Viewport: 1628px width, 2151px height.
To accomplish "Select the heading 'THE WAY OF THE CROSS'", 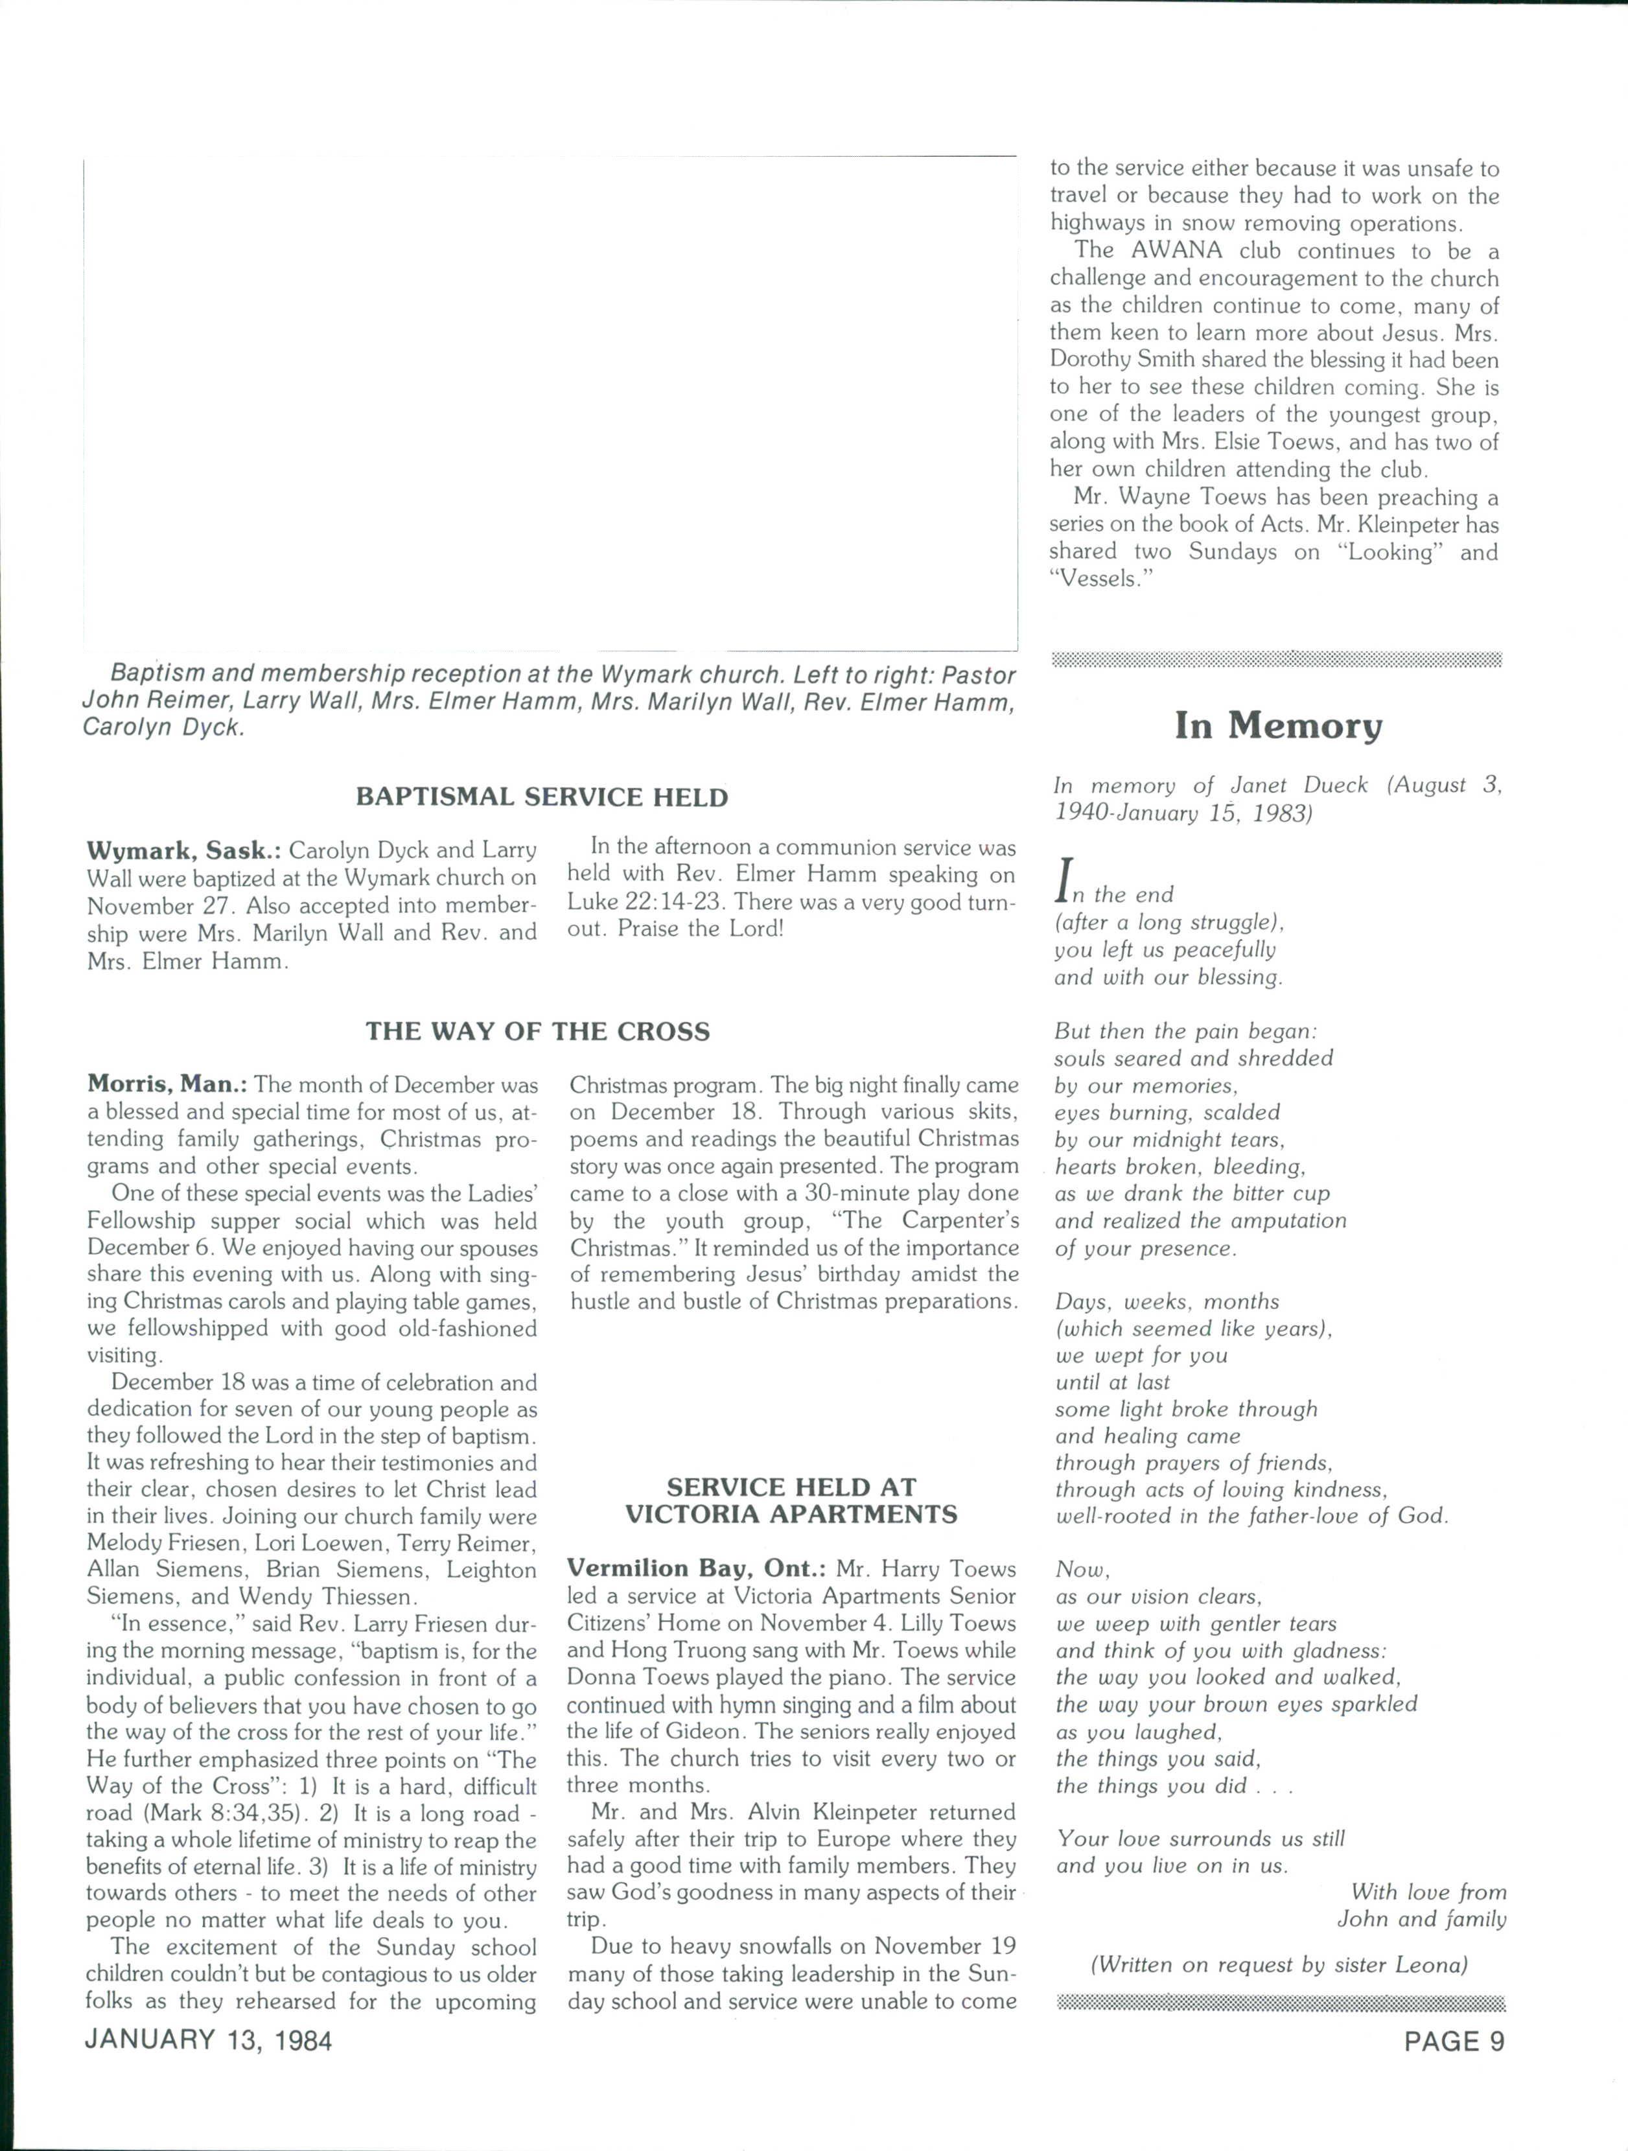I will pos(538,1032).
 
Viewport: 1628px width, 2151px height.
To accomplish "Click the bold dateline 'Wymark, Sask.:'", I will pos(184,851).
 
